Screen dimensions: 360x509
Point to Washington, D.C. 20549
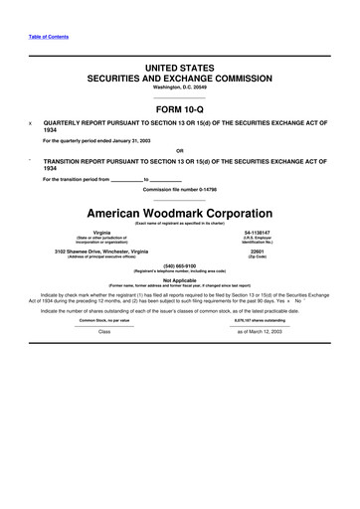coord(180,86)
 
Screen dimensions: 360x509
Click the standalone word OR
coord(180,150)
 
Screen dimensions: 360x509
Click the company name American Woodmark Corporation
coord(180,213)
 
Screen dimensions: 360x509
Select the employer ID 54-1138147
coord(265,233)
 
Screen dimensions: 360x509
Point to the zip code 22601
coord(265,252)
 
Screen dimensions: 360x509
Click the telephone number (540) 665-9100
coord(180,266)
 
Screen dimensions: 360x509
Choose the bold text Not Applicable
coord(180,281)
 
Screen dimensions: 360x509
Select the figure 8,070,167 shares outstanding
coord(261,320)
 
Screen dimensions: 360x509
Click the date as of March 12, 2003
coord(261,331)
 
